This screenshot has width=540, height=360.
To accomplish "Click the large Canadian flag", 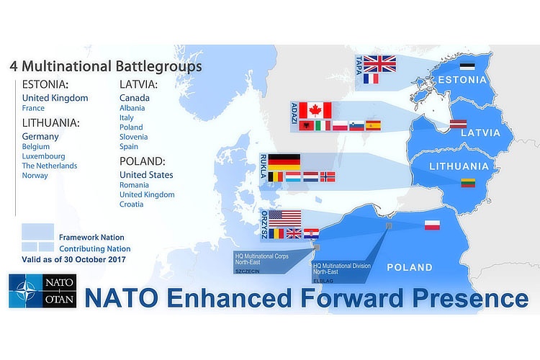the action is (x=315, y=111).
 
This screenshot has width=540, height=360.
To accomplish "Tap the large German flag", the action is (x=284, y=162).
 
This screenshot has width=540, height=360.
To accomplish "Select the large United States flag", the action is (x=285, y=218).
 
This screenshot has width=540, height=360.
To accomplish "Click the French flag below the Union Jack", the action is (x=371, y=79).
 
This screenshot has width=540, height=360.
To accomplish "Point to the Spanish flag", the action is (x=373, y=126).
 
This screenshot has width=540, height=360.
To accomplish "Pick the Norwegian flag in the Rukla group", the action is (x=328, y=176).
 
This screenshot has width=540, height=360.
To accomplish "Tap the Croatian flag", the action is (x=311, y=233).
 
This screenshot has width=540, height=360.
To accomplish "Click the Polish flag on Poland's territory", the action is (x=432, y=225).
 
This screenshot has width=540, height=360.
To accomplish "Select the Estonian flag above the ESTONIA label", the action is (x=467, y=66).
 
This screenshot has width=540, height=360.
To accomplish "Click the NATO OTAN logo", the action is (x=42, y=291).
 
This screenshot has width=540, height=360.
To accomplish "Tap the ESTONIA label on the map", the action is (x=462, y=80).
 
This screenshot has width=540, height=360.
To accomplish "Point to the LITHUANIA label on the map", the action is (x=459, y=166).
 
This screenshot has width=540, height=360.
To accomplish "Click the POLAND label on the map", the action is (x=410, y=267).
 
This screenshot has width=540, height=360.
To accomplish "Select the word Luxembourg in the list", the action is (x=43, y=156).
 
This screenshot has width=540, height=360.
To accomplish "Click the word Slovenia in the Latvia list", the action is (x=134, y=137).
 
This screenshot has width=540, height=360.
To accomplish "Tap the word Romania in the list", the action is (x=134, y=185).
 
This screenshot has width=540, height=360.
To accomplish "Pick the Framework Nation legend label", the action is (x=91, y=238).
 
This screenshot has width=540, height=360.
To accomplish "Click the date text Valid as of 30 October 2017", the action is (x=73, y=259).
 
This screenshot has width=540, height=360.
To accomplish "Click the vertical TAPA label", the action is (x=359, y=65).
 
